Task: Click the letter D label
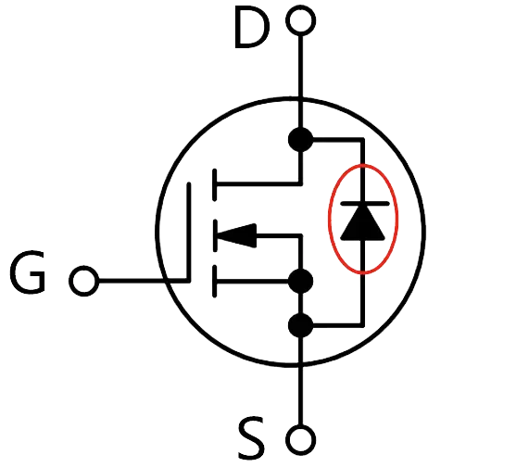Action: click(252, 29)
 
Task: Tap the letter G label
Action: click(27, 271)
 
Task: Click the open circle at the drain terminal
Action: click(301, 20)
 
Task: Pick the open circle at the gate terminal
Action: click(84, 281)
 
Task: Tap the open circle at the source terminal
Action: click(301, 440)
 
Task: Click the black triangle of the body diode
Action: click(362, 222)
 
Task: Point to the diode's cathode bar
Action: click(365, 204)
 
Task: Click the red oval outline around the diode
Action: click(329, 219)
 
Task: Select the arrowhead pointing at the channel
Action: click(237, 235)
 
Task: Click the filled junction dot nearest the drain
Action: click(300, 140)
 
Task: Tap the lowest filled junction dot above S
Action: click(300, 325)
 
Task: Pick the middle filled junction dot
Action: click(300, 281)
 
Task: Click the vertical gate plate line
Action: click(189, 232)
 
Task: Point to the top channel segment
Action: click(215, 184)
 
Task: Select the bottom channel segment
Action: click(215, 282)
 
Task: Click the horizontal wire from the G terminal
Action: click(144, 281)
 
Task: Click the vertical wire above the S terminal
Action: click(300, 381)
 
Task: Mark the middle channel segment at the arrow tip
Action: click(215, 235)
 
